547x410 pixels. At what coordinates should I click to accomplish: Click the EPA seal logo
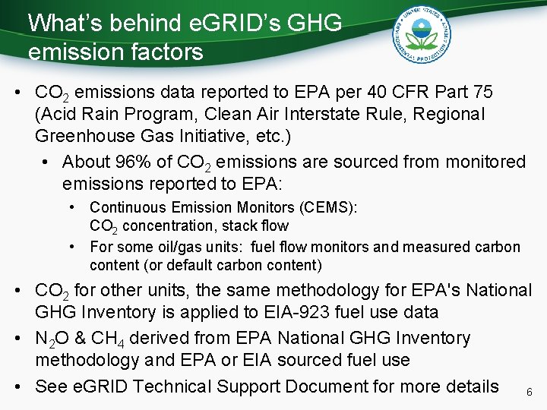coord(419,33)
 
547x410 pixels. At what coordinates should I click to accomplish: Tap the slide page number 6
coord(529,393)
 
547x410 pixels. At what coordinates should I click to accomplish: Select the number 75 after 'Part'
coord(482,93)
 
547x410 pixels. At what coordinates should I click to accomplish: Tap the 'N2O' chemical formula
coord(52,339)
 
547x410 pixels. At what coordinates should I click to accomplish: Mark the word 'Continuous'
coord(126,207)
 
